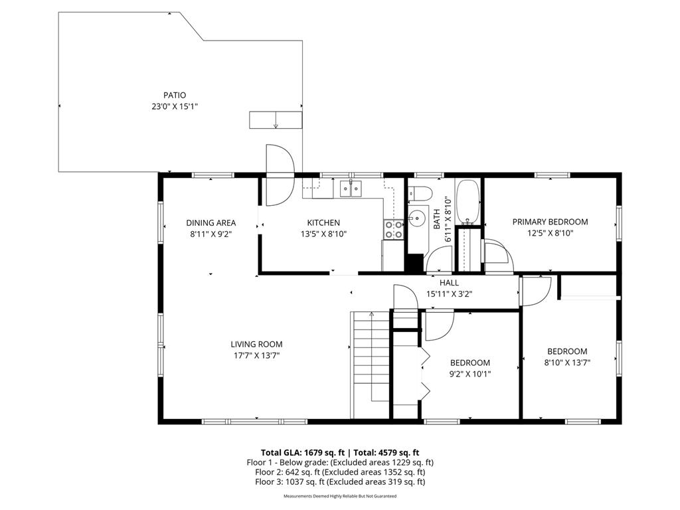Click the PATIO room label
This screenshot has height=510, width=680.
tap(175, 95)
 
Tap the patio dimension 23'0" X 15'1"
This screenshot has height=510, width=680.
tap(175, 106)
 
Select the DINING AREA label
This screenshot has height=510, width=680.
tap(211, 222)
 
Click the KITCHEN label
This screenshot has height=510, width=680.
tap(323, 222)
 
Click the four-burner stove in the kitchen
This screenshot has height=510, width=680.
tap(393, 230)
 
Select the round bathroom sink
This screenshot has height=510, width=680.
tap(417, 217)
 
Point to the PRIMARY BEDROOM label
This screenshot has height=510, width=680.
tap(550, 222)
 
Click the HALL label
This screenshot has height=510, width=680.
tap(449, 282)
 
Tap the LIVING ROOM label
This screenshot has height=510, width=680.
tap(256, 344)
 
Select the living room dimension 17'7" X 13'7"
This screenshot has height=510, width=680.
tap(256, 355)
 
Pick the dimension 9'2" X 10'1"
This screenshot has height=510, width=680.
tap(470, 374)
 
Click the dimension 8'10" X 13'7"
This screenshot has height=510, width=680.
tap(567, 363)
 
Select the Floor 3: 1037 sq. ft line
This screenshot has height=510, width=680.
tap(340, 482)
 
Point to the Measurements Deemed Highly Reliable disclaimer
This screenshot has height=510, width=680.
tap(340, 496)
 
